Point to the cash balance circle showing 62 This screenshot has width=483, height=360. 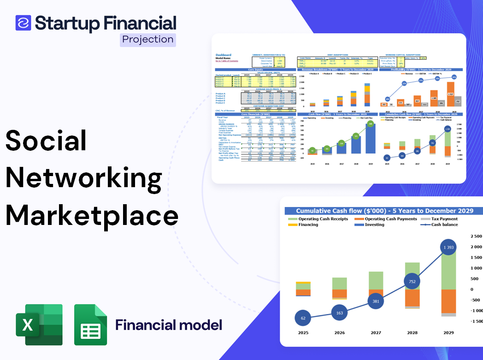coord(302,318)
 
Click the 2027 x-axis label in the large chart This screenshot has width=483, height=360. coord(375,333)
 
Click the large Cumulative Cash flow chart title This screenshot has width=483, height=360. coord(384,211)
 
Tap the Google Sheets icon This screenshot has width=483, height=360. coord(90,325)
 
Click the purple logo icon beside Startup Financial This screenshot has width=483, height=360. coord(23,23)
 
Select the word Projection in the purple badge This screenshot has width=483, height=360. coord(148,40)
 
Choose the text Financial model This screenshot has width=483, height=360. coord(168,325)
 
